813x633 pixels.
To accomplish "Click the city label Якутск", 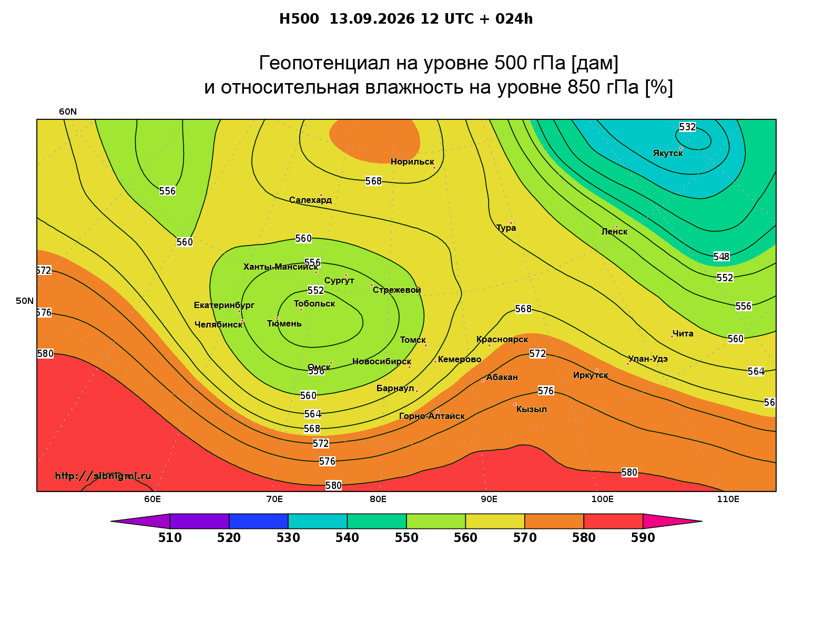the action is click(x=667, y=154).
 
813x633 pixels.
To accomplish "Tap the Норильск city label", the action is click(x=412, y=161).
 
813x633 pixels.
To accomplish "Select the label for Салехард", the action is click(x=310, y=200).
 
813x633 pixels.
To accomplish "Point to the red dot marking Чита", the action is click(x=672, y=336).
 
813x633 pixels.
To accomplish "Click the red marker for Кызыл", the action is click(x=514, y=404).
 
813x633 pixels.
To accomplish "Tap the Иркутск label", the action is click(x=591, y=375).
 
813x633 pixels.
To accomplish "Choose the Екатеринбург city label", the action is click(x=224, y=305).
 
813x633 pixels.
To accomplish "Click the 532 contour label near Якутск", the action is click(x=687, y=127).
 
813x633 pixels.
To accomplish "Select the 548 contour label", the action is click(x=721, y=257).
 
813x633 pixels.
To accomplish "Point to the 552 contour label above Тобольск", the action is click(x=316, y=290).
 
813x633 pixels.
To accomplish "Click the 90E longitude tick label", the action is click(x=489, y=499).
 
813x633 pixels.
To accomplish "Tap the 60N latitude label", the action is click(x=68, y=111).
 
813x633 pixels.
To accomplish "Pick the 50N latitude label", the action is click(x=25, y=301).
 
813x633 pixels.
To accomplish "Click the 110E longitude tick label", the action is click(x=728, y=499).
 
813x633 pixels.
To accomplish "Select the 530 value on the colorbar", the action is click(x=288, y=538).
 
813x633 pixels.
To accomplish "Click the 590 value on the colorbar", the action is click(x=643, y=538).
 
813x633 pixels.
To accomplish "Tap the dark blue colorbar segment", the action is click(x=259, y=521).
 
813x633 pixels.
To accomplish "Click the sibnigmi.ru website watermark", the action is click(x=103, y=476).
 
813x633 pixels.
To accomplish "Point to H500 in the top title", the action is click(x=299, y=19).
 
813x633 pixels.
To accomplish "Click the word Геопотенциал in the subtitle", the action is click(x=324, y=63).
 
